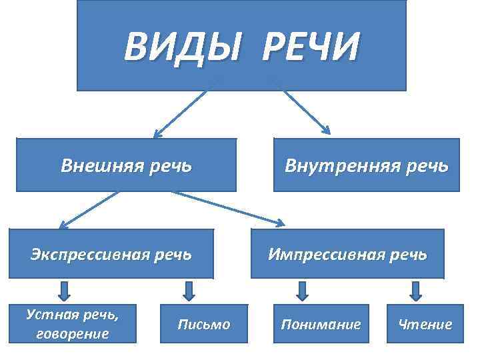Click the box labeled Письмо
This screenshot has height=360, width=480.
tap(203, 325)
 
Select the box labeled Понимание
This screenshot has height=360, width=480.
tap(321, 325)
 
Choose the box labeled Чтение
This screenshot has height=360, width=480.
tap(425, 325)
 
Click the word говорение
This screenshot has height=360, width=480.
tap(73, 334)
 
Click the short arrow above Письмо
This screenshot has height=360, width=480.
tap(189, 291)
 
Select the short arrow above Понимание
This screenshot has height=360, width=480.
tap(302, 291)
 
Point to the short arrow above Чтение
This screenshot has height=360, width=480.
tap(415, 291)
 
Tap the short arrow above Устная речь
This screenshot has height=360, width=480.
tap(64, 291)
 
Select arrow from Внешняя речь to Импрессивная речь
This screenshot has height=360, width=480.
tap(227, 207)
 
